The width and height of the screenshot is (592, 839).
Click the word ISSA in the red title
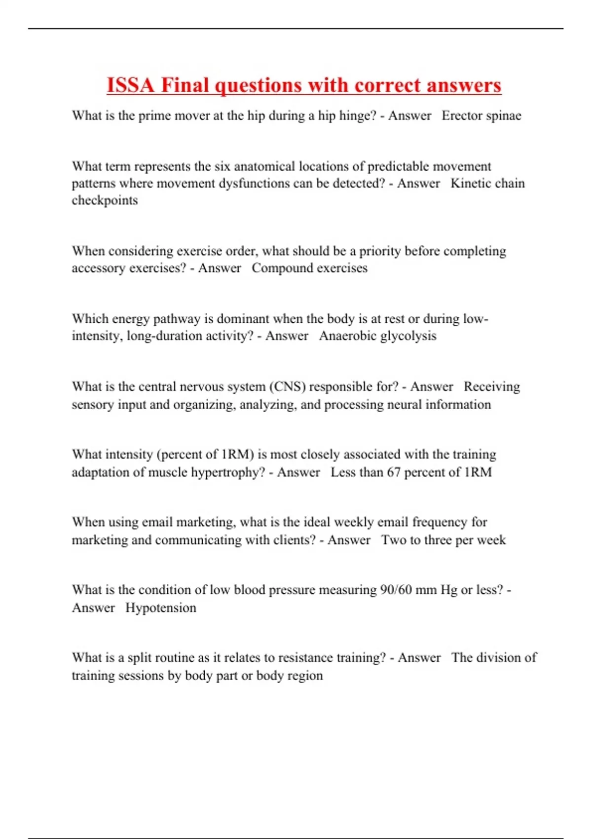[x=130, y=85]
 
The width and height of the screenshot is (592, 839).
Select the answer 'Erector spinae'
[x=481, y=115]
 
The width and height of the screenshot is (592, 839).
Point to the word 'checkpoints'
[x=105, y=200]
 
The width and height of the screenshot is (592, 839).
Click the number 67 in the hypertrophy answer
[x=393, y=472]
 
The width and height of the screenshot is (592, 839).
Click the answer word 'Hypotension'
[x=160, y=608]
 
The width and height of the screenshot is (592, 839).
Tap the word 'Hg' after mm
[x=449, y=590]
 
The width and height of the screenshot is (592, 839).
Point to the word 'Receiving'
[x=491, y=386]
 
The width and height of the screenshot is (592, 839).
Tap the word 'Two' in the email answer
[x=393, y=540]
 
